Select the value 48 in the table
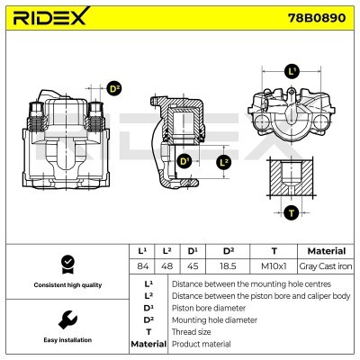coord(166,266)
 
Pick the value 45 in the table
coord(192,266)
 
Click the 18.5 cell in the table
coord(228,266)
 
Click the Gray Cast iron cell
coord(319,266)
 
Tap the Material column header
coord(319,251)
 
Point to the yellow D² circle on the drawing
coord(114,88)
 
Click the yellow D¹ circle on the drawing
coord(184,162)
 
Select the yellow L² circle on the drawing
coord(225,162)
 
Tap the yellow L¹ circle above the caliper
coord(292,70)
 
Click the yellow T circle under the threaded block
coord(291,212)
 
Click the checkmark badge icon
coord(66,264)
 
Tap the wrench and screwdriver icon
coord(66,320)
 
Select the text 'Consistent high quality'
coord(66,285)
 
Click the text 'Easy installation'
coord(66,340)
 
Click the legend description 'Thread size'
coord(192,331)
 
